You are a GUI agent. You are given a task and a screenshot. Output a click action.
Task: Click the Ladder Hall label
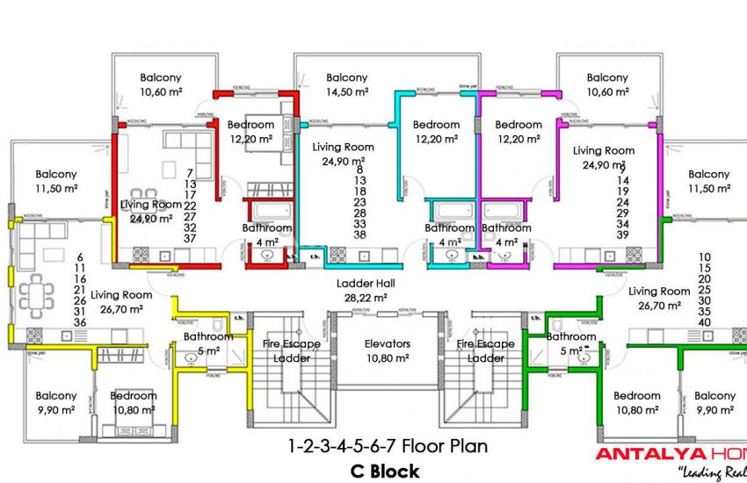366,284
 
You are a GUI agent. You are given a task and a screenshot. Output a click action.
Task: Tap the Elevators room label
388,344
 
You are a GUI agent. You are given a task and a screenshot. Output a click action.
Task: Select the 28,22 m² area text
366,298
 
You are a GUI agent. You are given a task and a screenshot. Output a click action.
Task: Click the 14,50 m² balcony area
346,91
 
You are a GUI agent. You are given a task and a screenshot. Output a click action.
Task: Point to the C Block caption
384,472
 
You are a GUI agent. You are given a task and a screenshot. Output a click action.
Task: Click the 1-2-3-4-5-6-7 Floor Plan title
388,446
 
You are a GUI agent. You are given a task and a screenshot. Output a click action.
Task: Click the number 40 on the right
704,321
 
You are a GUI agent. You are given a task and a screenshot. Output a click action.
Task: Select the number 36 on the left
79,322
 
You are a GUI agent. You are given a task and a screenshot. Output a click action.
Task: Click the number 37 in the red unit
190,239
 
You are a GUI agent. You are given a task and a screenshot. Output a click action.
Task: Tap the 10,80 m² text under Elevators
388,358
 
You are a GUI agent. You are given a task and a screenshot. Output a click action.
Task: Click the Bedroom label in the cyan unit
436,125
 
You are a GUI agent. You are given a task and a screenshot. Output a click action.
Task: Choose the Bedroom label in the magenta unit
518,125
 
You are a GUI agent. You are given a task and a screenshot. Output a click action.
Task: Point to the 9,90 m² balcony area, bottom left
56,410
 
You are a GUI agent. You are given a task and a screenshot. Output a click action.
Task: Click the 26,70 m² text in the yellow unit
121,309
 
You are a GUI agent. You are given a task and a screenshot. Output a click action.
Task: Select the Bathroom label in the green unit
570,336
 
